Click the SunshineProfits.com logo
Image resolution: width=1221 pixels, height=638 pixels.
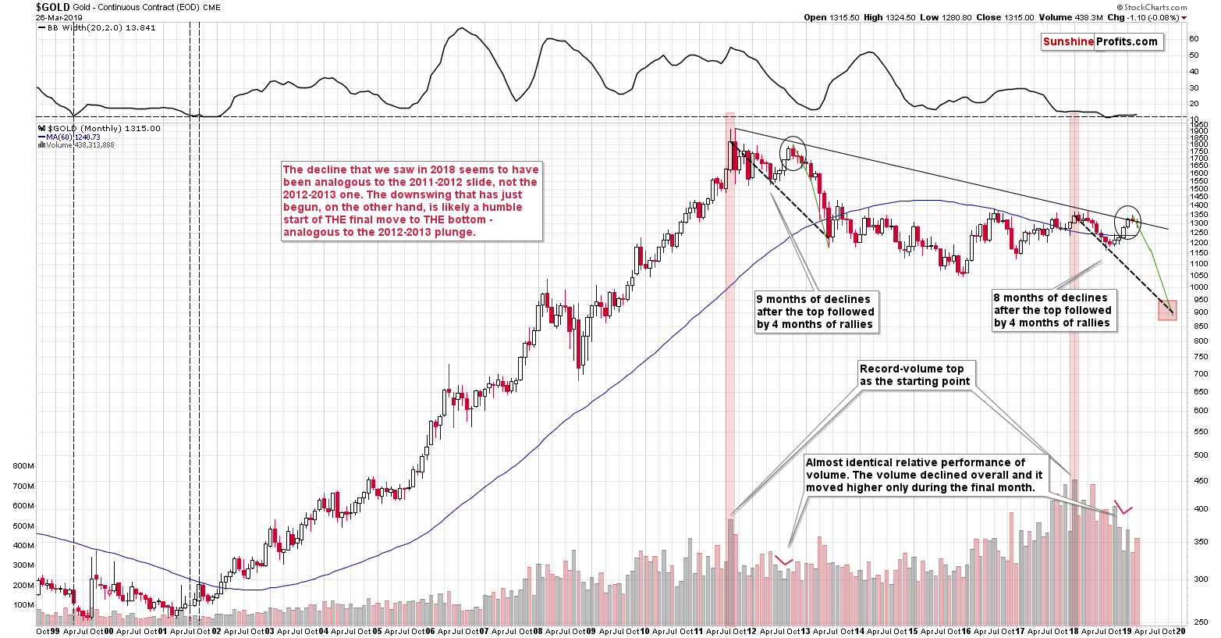pos(1101,42)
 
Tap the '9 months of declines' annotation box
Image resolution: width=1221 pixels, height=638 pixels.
pos(815,312)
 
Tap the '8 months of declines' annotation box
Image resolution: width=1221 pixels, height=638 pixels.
pos(1052,311)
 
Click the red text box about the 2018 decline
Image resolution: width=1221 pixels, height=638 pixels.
pos(410,201)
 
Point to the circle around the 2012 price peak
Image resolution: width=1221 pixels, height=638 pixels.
pos(794,152)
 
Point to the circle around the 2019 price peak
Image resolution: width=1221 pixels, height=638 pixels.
pos(1127,222)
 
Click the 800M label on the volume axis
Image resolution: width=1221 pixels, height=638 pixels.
pos(23,466)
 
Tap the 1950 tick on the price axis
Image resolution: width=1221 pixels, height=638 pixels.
pos(1199,125)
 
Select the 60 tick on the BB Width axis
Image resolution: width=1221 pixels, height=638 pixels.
pos(1194,38)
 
